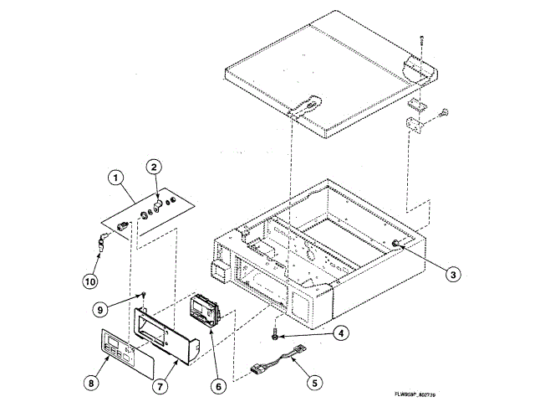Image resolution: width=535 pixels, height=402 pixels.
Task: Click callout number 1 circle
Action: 115,178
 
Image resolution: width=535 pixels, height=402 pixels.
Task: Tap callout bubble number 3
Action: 451,273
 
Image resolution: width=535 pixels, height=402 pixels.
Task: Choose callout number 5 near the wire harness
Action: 314,383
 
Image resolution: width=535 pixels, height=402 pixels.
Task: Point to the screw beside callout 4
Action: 275,333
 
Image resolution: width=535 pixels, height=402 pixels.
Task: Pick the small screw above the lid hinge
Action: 424,41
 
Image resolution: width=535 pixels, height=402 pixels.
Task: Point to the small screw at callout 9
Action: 143,295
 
